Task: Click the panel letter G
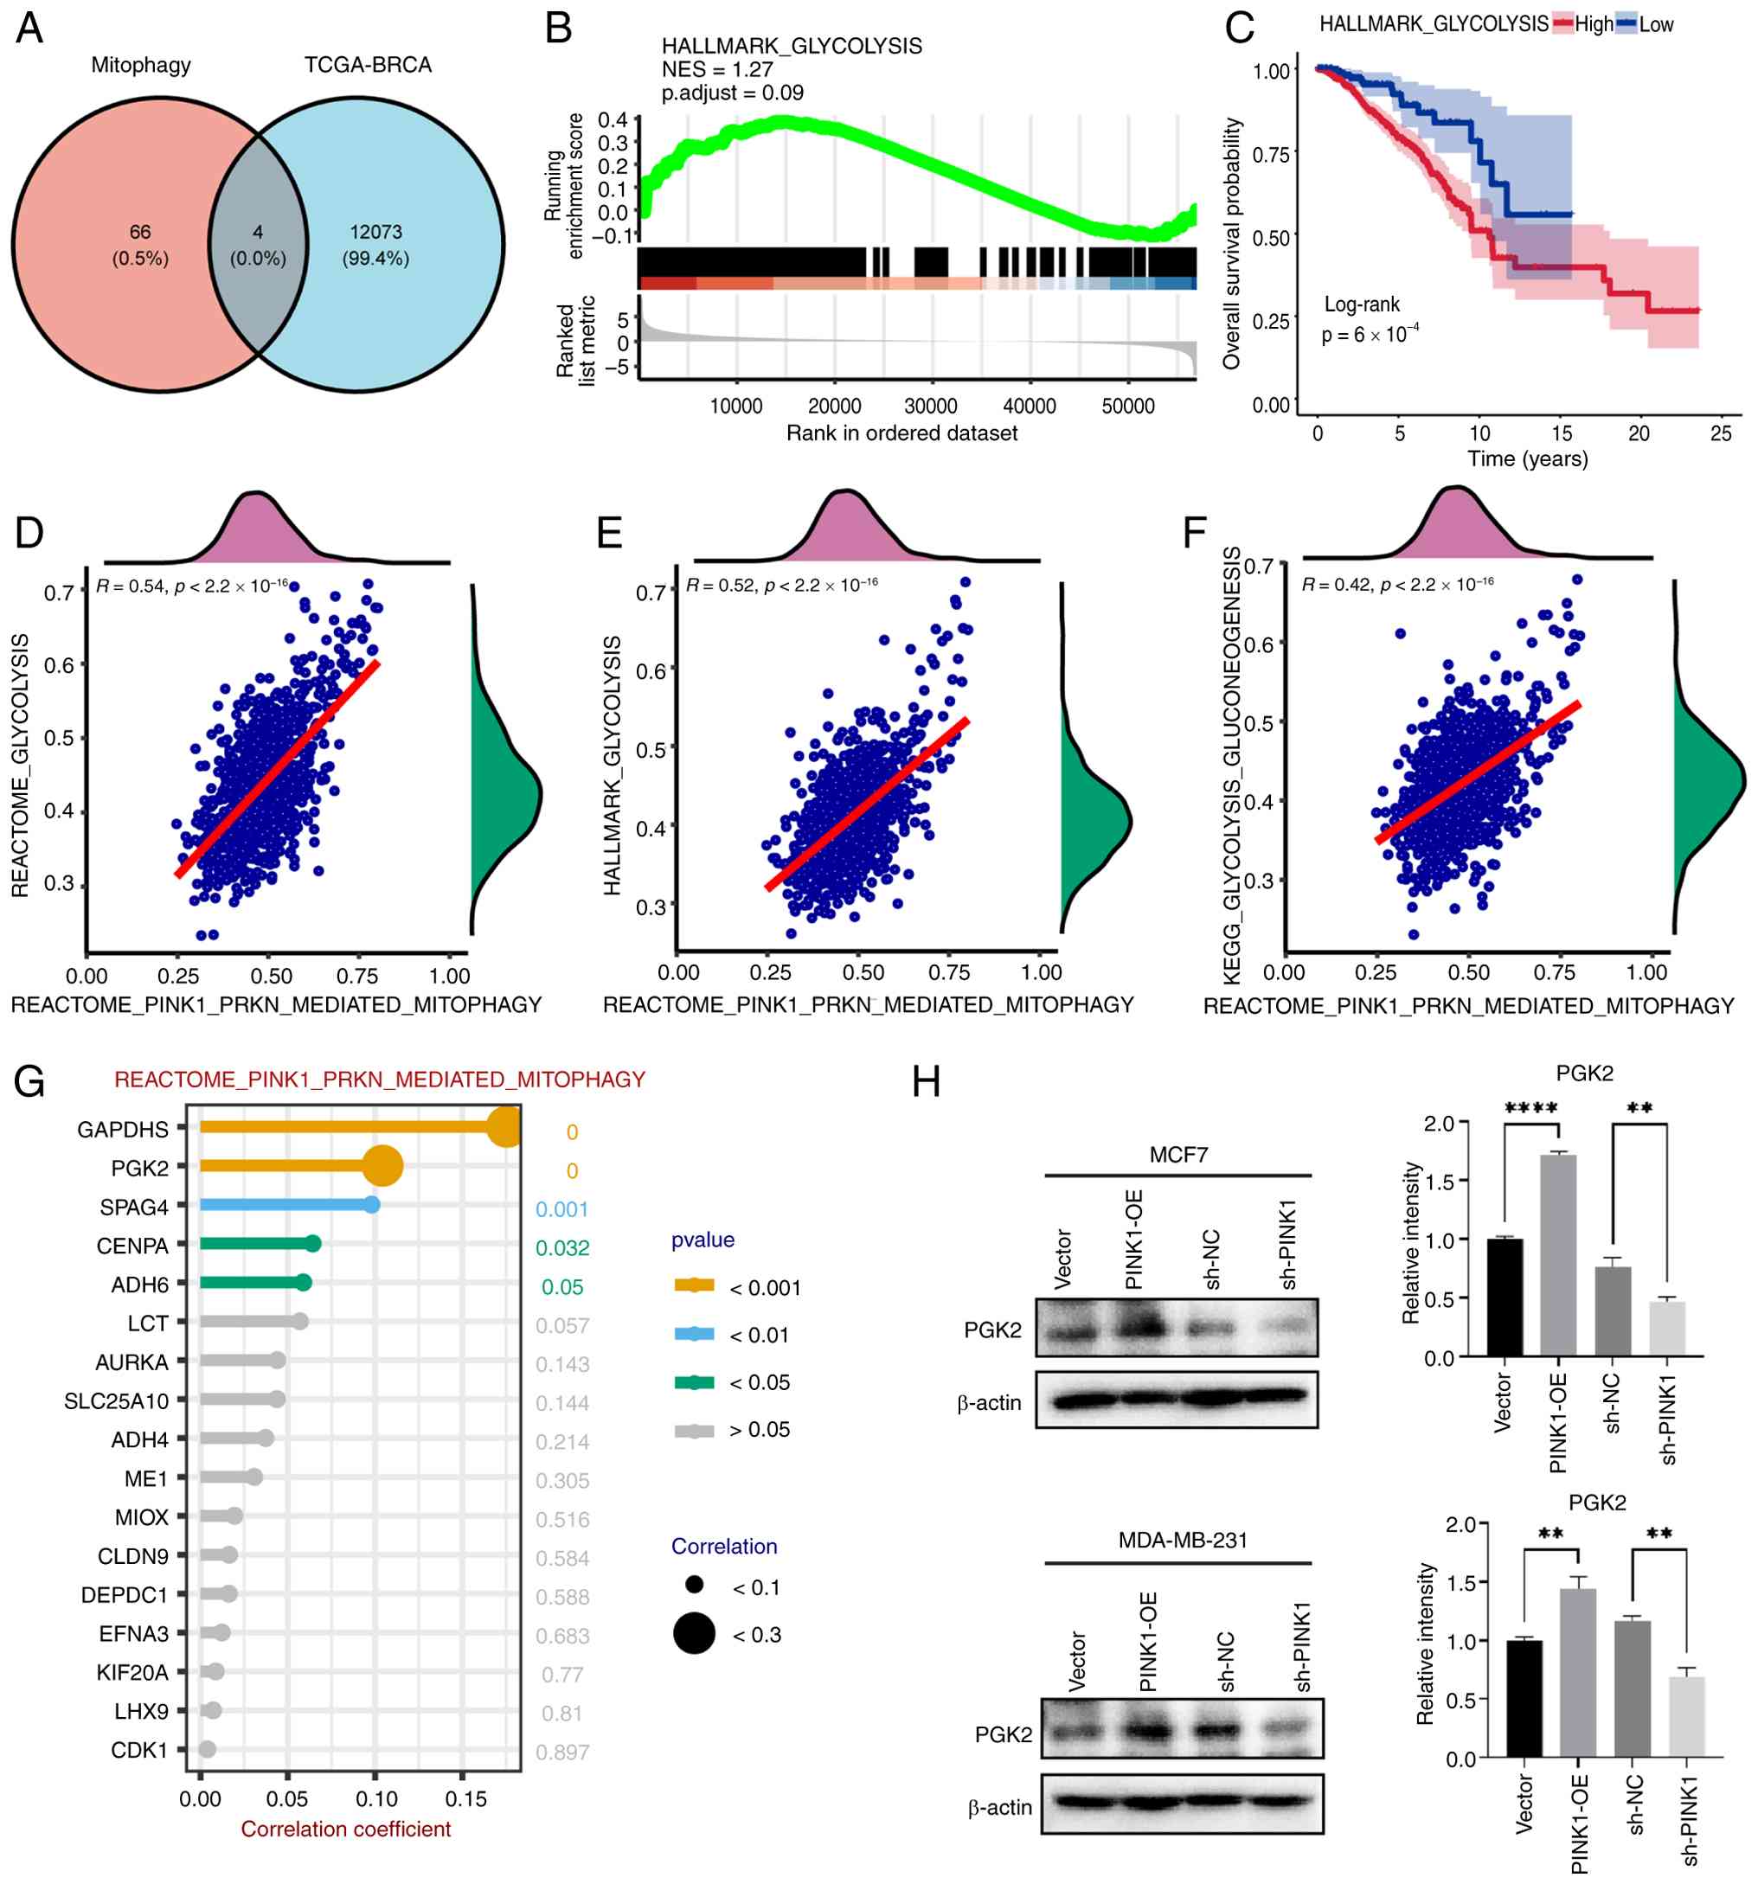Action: pos(29,1081)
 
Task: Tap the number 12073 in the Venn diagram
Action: pos(375,232)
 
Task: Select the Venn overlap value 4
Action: pos(258,232)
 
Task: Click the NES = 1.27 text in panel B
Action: pos(716,69)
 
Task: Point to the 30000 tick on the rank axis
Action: pos(931,407)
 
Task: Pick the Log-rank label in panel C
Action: pos(1361,304)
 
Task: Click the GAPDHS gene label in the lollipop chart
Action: pos(123,1130)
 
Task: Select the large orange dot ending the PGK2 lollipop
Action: pos(383,1167)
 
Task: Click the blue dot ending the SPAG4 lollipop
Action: pos(372,1204)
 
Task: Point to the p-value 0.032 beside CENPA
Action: pos(562,1248)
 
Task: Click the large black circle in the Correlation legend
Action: pos(694,1634)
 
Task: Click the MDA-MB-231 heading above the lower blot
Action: pos(1183,1540)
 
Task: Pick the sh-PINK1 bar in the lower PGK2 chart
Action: pos(1687,1716)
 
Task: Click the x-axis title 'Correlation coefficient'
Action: pos(346,1829)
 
